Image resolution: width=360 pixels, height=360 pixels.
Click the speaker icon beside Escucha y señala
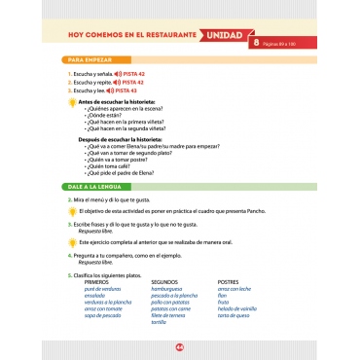[x=118, y=75]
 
